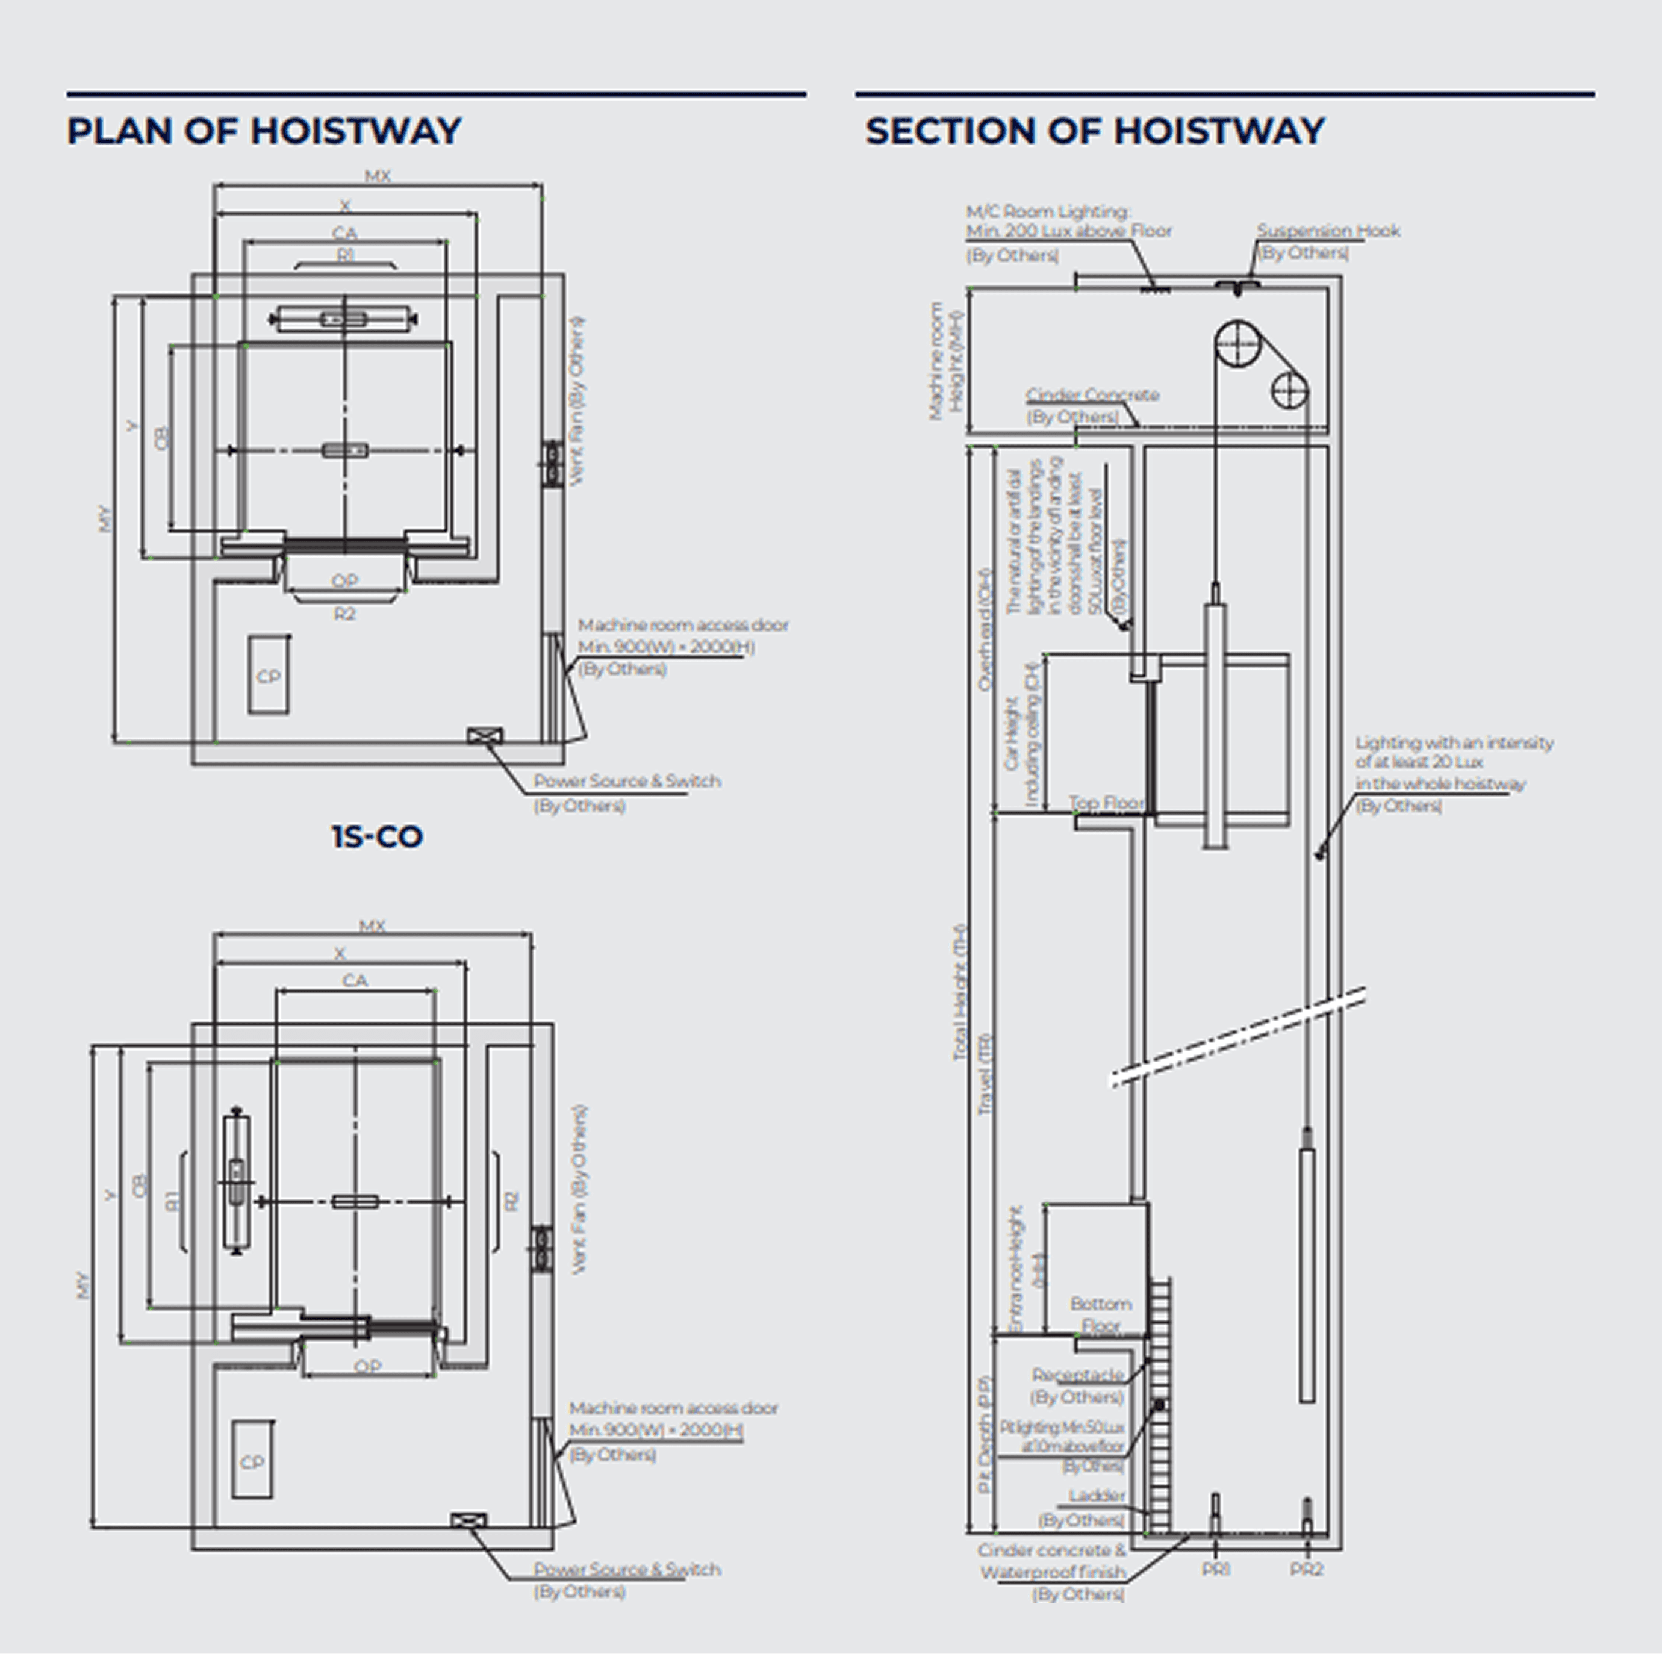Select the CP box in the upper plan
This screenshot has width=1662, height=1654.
[269, 676]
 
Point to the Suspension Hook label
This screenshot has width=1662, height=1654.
[1327, 231]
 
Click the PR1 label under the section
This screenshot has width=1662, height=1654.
[1216, 1570]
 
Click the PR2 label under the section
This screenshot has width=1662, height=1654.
[1306, 1570]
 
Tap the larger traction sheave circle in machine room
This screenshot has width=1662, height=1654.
[1237, 344]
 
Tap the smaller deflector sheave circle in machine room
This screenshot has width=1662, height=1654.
[1289, 391]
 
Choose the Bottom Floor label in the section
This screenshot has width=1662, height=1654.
[1100, 1315]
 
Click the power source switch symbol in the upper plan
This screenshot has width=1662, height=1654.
[484, 735]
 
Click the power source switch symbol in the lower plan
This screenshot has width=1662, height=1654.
[468, 1521]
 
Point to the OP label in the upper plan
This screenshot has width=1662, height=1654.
[344, 582]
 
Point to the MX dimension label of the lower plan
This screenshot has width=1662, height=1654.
[372, 926]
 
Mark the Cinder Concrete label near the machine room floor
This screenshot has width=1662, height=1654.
[1092, 396]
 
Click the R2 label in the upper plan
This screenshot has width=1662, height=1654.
[344, 614]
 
